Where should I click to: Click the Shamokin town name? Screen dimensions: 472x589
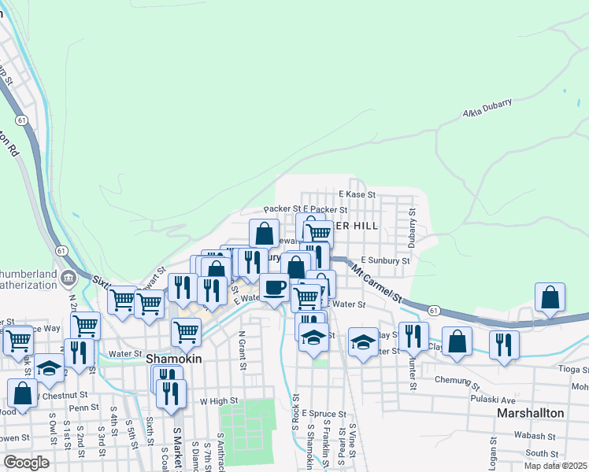tap(175, 358)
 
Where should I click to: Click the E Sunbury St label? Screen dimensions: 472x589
tap(385, 260)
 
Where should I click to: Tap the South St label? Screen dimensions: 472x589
tap(542, 453)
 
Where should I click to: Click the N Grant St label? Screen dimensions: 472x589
tap(243, 349)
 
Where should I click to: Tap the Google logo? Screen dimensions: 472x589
tap(26, 462)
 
